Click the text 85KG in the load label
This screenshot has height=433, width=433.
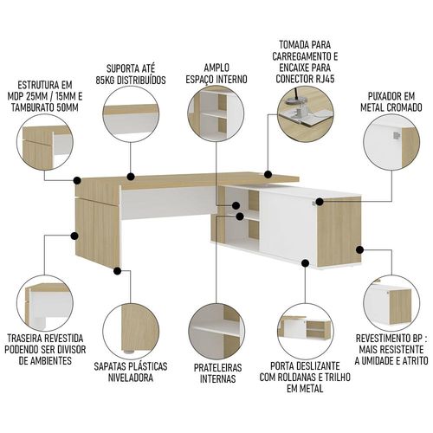(x=106, y=80)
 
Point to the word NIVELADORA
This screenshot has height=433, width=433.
(x=131, y=378)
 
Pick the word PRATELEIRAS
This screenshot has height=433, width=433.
(x=217, y=367)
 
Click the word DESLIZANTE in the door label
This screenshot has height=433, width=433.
(x=320, y=365)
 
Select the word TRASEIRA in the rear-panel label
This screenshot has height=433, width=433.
(x=25, y=338)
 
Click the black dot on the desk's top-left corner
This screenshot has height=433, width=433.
(x=77, y=181)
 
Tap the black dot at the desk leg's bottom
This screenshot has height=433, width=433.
(x=117, y=271)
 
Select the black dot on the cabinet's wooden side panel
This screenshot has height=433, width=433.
(x=359, y=249)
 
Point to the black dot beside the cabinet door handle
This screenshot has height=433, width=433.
(x=320, y=202)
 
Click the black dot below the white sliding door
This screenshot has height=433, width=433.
(x=306, y=263)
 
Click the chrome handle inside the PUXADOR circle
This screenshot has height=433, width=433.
(x=397, y=135)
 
